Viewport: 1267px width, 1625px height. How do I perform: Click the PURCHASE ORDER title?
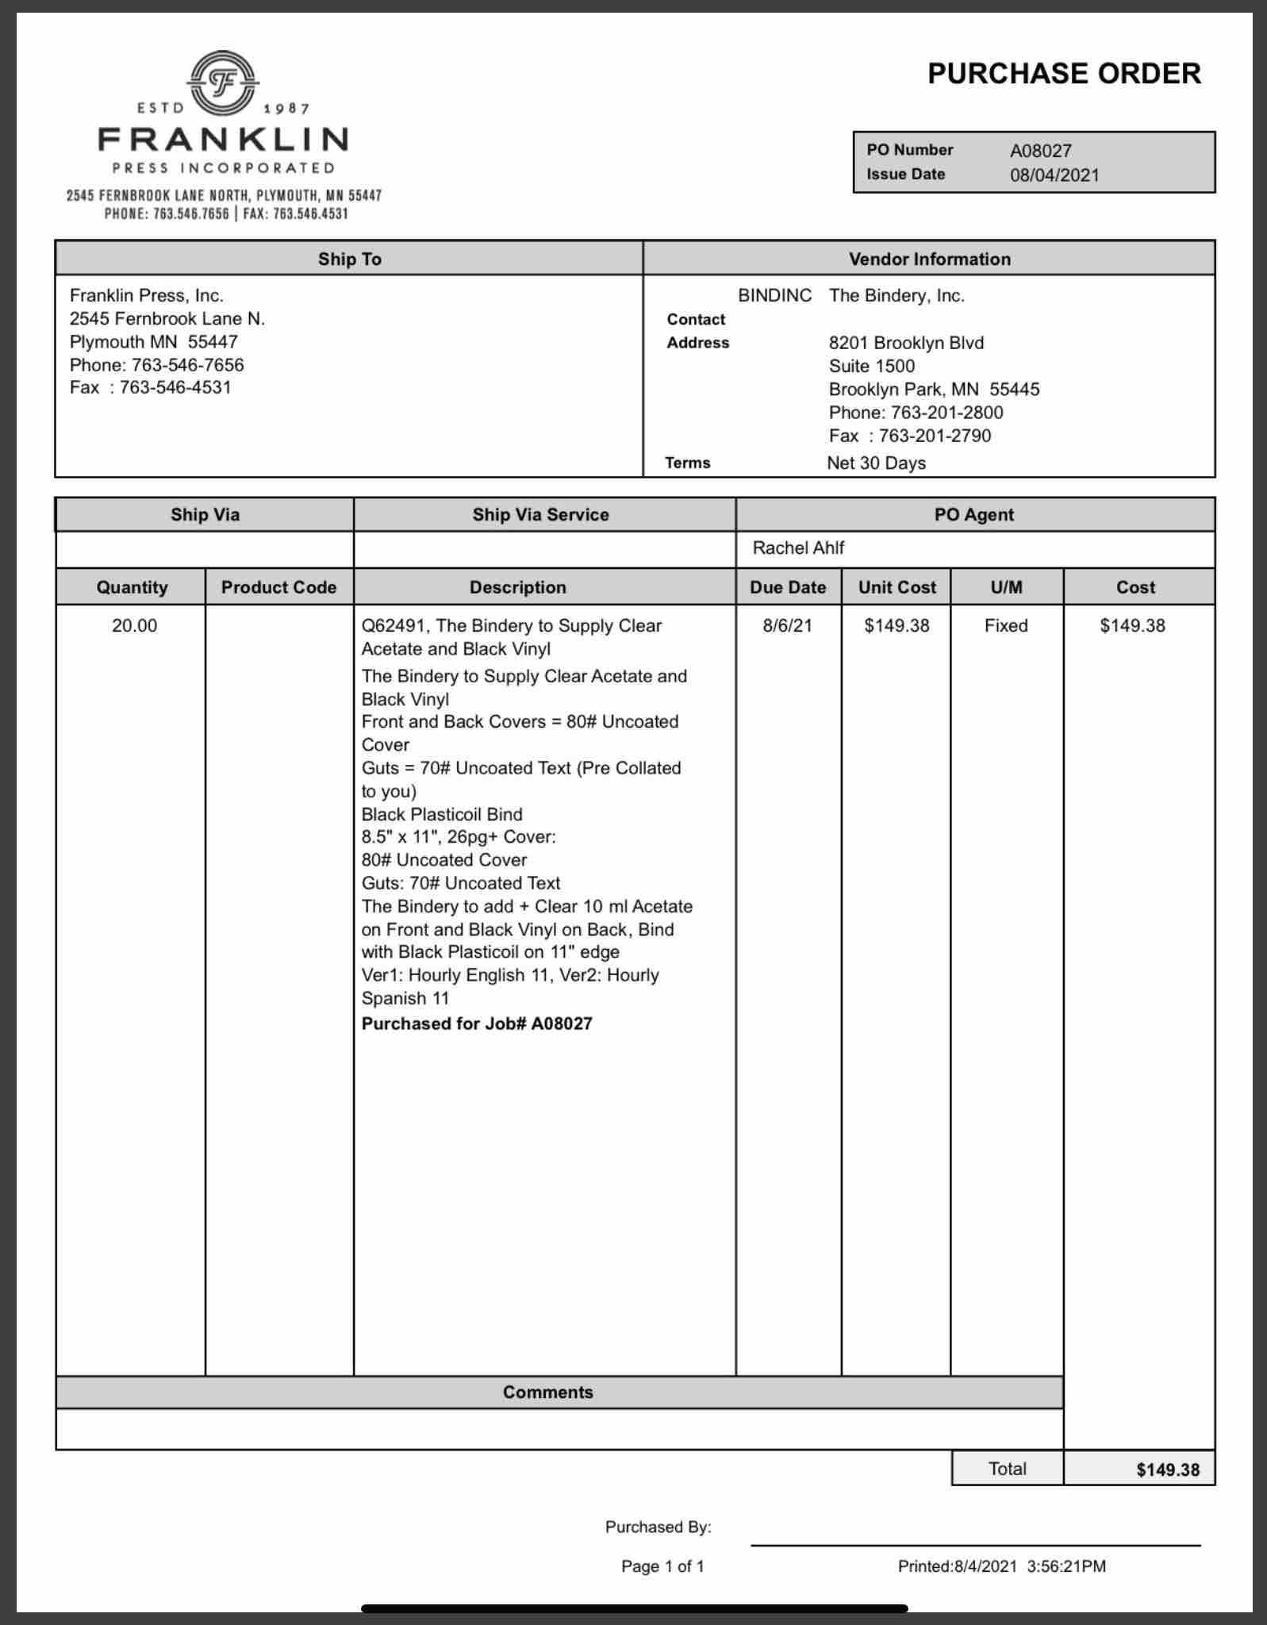point(1064,74)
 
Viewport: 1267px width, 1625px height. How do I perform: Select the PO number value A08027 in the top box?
point(1040,151)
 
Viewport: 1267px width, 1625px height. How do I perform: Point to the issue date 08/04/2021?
point(1054,175)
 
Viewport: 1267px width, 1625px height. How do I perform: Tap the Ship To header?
point(349,259)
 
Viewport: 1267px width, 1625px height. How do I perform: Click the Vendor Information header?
point(929,259)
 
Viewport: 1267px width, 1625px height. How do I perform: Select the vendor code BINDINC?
point(774,296)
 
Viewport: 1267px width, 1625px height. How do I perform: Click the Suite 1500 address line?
point(871,366)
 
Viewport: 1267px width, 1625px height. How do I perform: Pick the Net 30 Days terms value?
point(876,463)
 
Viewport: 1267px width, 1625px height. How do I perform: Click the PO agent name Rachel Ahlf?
point(798,547)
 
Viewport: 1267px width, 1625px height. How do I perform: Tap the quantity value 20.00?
point(134,625)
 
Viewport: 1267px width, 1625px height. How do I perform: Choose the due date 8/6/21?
point(787,625)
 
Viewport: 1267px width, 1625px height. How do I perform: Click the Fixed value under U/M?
point(1006,625)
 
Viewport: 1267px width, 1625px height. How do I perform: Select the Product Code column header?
point(278,587)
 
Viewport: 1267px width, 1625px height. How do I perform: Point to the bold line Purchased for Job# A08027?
point(477,1024)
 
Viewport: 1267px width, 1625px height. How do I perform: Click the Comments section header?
point(547,1392)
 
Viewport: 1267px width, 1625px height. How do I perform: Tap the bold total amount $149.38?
point(1167,1469)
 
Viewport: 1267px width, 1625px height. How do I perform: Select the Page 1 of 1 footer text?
point(662,1566)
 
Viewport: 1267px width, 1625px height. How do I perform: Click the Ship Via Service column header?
point(540,514)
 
